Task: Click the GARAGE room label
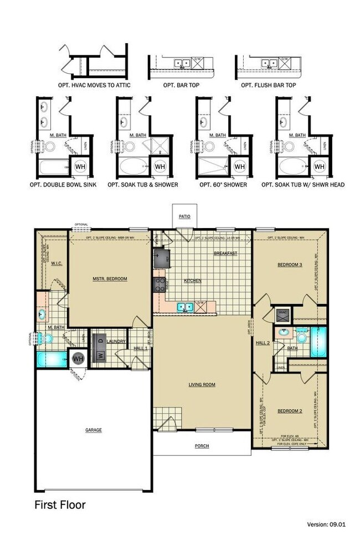(x=93, y=430)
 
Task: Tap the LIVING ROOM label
(x=202, y=384)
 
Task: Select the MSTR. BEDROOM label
(x=110, y=279)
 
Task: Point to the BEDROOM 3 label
(x=290, y=265)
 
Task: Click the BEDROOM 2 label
(x=289, y=410)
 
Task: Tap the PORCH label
(x=202, y=446)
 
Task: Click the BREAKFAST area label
(x=225, y=253)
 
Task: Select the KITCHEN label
(x=193, y=281)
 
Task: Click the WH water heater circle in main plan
(x=78, y=358)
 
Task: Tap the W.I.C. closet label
(x=56, y=264)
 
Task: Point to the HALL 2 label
(x=262, y=343)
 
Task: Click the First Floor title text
(x=60, y=504)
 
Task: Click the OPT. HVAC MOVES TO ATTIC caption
(x=92, y=86)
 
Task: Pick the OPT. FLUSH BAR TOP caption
(x=268, y=86)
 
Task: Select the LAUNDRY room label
(x=117, y=342)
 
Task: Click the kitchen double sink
(x=185, y=307)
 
